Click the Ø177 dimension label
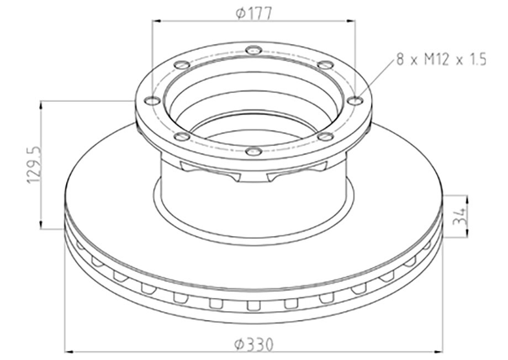point(253,13)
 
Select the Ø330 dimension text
point(253,343)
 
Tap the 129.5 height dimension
point(34,165)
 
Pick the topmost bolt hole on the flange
point(253,50)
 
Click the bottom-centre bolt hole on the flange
point(253,151)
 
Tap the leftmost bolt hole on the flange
point(152,100)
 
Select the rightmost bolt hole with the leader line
point(356,100)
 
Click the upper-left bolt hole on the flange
point(182,65)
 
